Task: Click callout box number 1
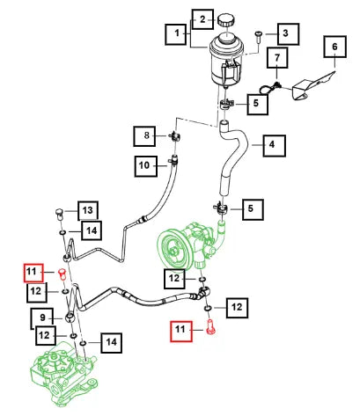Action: pyautogui.click(x=176, y=34)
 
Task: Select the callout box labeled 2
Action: pyautogui.click(x=202, y=19)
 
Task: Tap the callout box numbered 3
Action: pyautogui.click(x=288, y=33)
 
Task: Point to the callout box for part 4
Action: pyautogui.click(x=275, y=145)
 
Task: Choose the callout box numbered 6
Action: pyautogui.click(x=335, y=47)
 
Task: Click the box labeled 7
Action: pyautogui.click(x=277, y=58)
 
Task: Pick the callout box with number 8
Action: pyautogui.click(x=144, y=136)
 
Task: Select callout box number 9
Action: pyautogui.click(x=42, y=318)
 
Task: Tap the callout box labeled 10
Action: pyautogui.click(x=146, y=166)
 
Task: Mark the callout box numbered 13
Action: pyautogui.click(x=88, y=210)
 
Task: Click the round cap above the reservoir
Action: pyautogui.click(x=226, y=20)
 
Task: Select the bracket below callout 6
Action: pyautogui.click(x=312, y=85)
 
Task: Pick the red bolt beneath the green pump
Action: pyautogui.click(x=210, y=327)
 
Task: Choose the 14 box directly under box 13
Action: pyautogui.click(x=92, y=230)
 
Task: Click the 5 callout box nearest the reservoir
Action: pyautogui.click(x=257, y=104)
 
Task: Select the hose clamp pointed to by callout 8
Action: pyautogui.click(x=175, y=136)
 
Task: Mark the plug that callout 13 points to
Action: pyautogui.click(x=60, y=214)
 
